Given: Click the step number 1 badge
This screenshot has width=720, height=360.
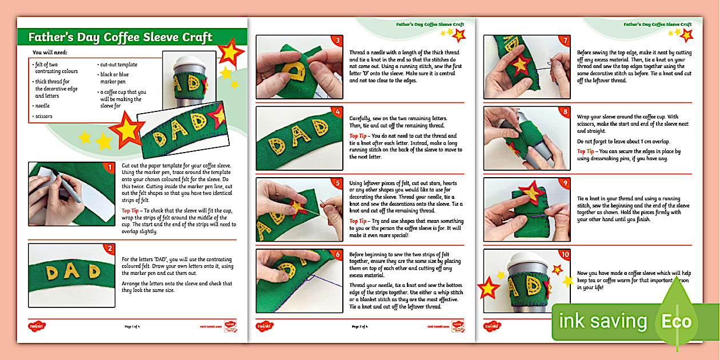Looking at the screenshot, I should tap(109, 167).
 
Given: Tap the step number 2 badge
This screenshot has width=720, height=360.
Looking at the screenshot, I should tap(109, 249).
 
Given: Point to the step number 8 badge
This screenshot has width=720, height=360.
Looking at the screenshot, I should tap(565, 112).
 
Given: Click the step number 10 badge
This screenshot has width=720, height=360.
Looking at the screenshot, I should tap(565, 254).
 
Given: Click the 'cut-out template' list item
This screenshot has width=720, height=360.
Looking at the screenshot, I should tap(118, 65).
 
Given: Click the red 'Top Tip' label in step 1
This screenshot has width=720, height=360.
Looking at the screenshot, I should tap(133, 210).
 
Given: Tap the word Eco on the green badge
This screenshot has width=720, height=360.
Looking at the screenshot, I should tap(677, 321).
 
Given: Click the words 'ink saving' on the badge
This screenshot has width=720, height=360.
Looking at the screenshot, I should tap(602, 321).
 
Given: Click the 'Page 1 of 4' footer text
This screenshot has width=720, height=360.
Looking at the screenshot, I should tap(133, 327).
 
